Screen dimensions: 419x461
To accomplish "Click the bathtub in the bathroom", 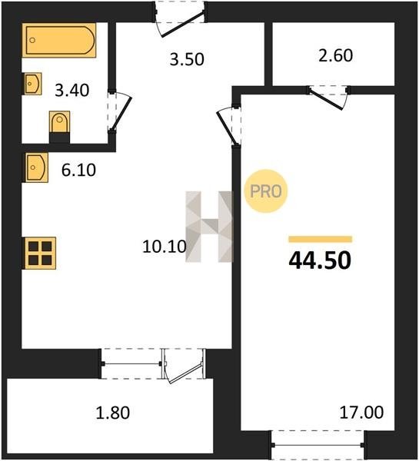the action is click(59, 40).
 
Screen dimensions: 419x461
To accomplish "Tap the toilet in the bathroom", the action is click(59, 127).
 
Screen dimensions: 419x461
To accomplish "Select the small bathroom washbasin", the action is click(32, 84).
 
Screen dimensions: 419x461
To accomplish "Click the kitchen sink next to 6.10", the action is click(35, 167).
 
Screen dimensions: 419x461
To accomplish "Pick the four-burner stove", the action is click(39, 253).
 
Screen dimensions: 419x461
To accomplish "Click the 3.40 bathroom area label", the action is click(72, 90).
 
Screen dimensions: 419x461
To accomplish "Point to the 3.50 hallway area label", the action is click(187, 59).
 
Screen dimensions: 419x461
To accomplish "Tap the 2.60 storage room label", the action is click(335, 55).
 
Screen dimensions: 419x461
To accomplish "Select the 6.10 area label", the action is click(78, 170).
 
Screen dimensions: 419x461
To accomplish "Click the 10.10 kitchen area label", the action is click(165, 247).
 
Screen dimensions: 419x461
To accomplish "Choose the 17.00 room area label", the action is click(361, 412).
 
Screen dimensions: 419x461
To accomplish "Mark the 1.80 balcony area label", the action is click(113, 413).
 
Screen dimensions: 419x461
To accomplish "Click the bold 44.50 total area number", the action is click(320, 260).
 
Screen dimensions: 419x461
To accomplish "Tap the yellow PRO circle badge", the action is click(266, 191).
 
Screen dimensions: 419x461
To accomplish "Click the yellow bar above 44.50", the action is click(320, 239).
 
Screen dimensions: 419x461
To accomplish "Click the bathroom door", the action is click(121, 113).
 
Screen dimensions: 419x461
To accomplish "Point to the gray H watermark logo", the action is click(209, 227).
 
